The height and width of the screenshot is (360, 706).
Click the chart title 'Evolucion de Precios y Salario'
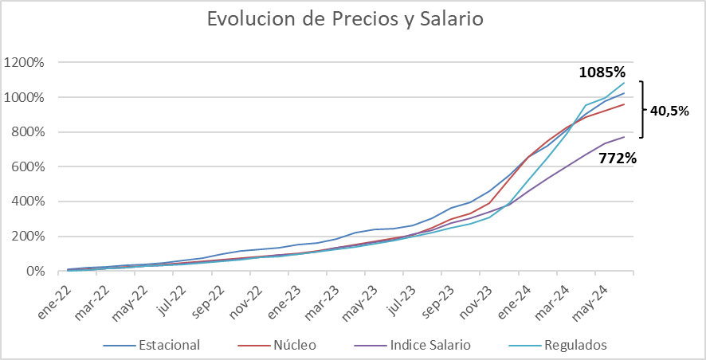(345, 19)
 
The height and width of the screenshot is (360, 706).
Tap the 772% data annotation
(618, 158)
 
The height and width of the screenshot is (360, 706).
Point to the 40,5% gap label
(669, 111)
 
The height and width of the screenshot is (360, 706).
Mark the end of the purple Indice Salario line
(624, 137)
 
